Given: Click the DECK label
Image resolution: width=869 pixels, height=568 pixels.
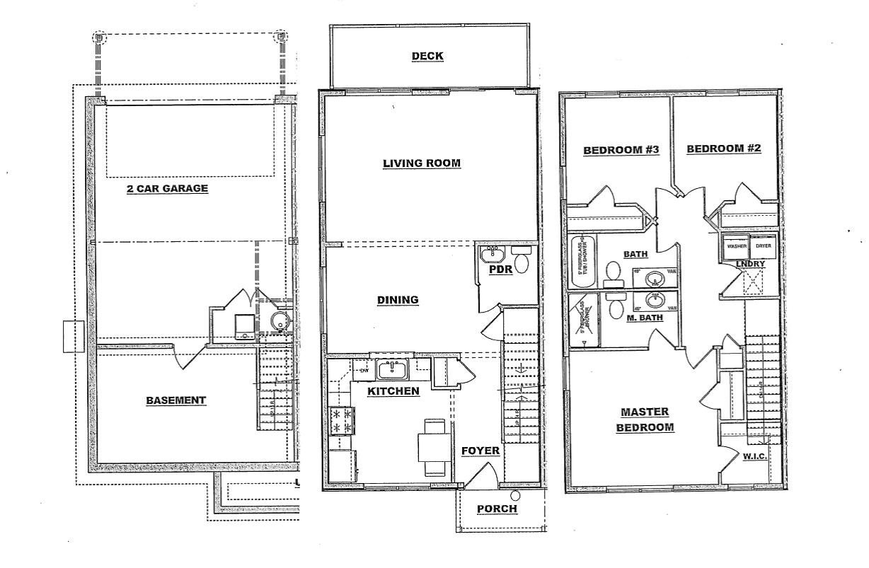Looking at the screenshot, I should click(428, 56).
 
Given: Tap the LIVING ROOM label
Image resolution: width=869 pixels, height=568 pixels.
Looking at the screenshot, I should click(422, 163).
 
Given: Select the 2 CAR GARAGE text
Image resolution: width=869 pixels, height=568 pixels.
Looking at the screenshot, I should click(167, 188).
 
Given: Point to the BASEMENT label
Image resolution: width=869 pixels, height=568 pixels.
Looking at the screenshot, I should click(176, 400).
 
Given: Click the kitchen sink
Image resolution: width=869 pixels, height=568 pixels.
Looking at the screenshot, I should click(391, 369).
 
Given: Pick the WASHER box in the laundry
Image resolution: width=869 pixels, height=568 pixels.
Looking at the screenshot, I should click(733, 246).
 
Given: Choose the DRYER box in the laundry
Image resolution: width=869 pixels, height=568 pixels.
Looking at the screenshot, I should click(763, 246).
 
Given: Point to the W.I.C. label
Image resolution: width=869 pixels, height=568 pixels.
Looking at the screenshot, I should click(755, 456).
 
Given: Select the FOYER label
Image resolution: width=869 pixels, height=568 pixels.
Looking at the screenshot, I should click(480, 451).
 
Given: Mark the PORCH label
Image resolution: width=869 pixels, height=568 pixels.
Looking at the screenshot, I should click(497, 509).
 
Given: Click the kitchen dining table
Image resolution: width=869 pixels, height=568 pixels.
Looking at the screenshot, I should click(432, 448).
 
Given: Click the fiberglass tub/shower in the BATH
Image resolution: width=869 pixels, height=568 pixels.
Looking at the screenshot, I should click(583, 261).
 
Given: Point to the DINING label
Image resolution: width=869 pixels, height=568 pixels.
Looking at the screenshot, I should click(397, 300).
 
